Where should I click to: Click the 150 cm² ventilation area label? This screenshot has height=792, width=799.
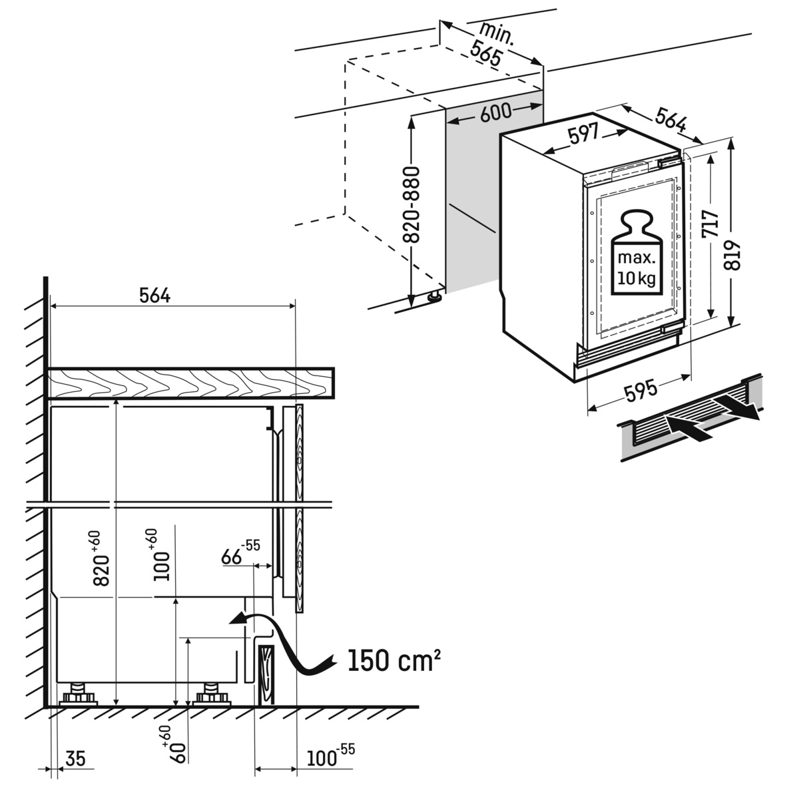(x=393, y=660)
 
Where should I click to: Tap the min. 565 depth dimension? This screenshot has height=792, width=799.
(x=491, y=43)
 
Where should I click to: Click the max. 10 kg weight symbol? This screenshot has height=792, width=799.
(x=636, y=253)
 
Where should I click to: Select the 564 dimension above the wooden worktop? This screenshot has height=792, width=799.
(x=154, y=296)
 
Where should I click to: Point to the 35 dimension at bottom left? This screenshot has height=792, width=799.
(x=76, y=759)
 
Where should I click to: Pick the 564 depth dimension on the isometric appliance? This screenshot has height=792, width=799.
(x=670, y=121)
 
